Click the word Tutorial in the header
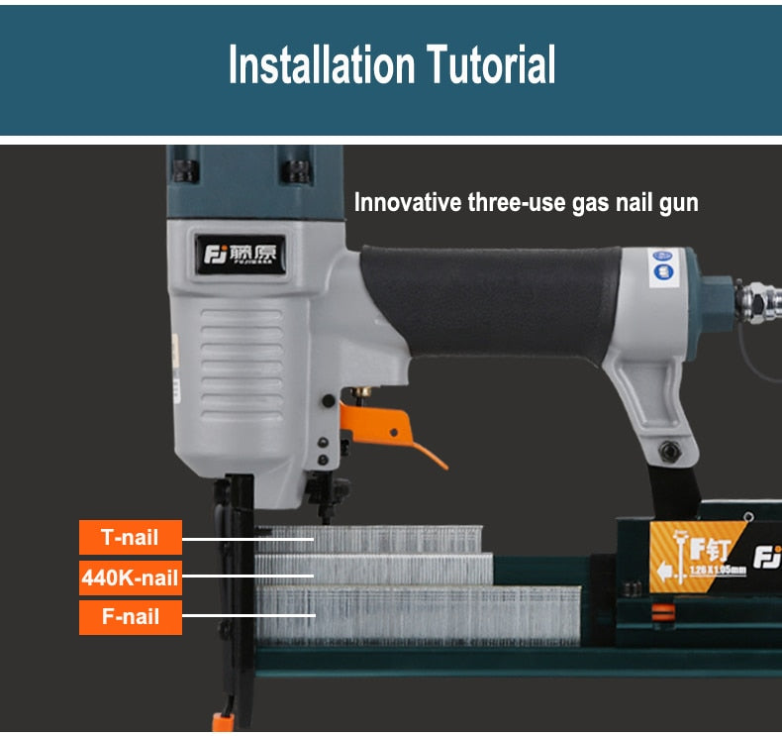491,65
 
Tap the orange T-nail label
131,538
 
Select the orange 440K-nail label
131,578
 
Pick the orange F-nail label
131,617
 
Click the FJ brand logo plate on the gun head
241,255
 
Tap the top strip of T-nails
396,539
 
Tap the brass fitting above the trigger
363,393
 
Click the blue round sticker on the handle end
660,266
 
